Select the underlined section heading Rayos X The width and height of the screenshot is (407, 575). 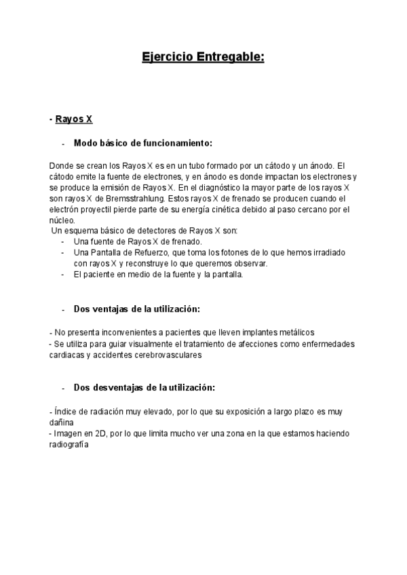74,119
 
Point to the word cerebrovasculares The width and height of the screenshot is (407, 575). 163,354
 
